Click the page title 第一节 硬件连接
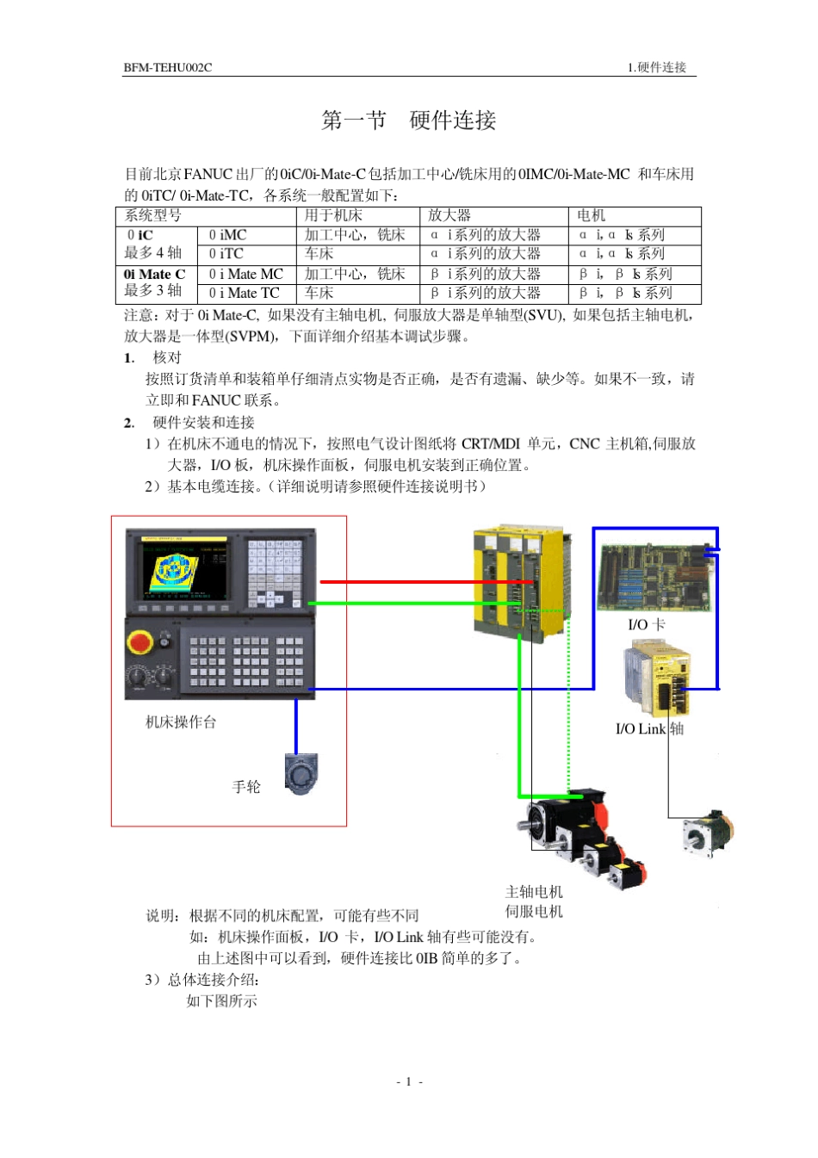click(x=409, y=121)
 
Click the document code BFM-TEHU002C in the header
click(x=167, y=67)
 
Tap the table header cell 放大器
click(x=449, y=215)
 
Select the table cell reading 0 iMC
click(x=227, y=235)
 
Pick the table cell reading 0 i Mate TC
click(x=244, y=293)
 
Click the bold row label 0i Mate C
click(x=154, y=274)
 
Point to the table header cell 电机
click(x=591, y=215)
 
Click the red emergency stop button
click(x=140, y=642)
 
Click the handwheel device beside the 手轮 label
click(x=301, y=774)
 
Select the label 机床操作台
click(x=181, y=721)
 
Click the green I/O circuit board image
click(x=654, y=578)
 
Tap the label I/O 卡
click(x=646, y=624)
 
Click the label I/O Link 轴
click(x=649, y=728)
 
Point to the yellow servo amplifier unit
click(x=521, y=581)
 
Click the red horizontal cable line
click(x=413, y=582)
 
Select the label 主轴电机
click(x=534, y=892)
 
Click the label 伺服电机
click(x=534, y=911)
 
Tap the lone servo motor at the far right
click(x=708, y=833)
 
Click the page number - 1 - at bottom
click(x=409, y=1081)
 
